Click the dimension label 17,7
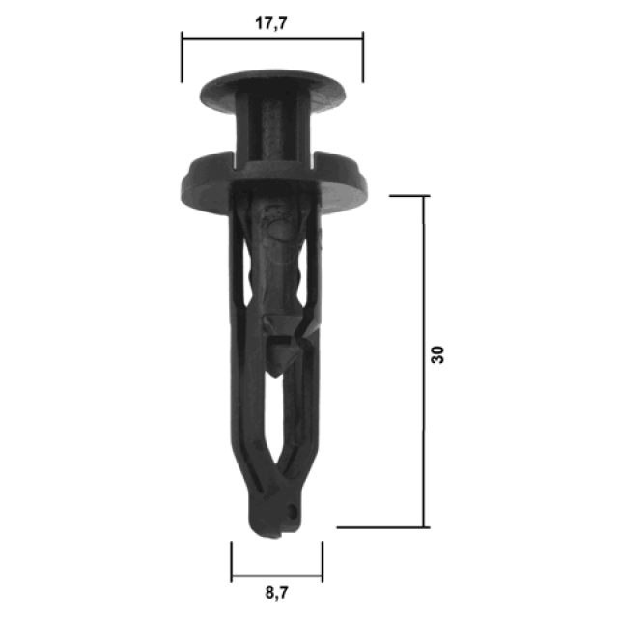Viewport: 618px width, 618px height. click(271, 23)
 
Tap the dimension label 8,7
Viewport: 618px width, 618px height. click(277, 592)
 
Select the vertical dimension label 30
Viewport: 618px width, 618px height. click(437, 354)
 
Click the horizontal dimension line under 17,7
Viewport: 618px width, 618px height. click(272, 39)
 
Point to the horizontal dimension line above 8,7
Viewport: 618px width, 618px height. click(277, 576)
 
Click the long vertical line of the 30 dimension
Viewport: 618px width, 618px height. click(424, 361)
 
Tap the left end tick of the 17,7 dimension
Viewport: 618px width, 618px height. click(182, 57)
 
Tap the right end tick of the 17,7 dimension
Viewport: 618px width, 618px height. click(363, 57)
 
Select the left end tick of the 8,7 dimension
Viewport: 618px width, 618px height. click(232, 562)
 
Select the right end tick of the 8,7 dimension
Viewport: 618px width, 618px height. click(323, 562)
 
